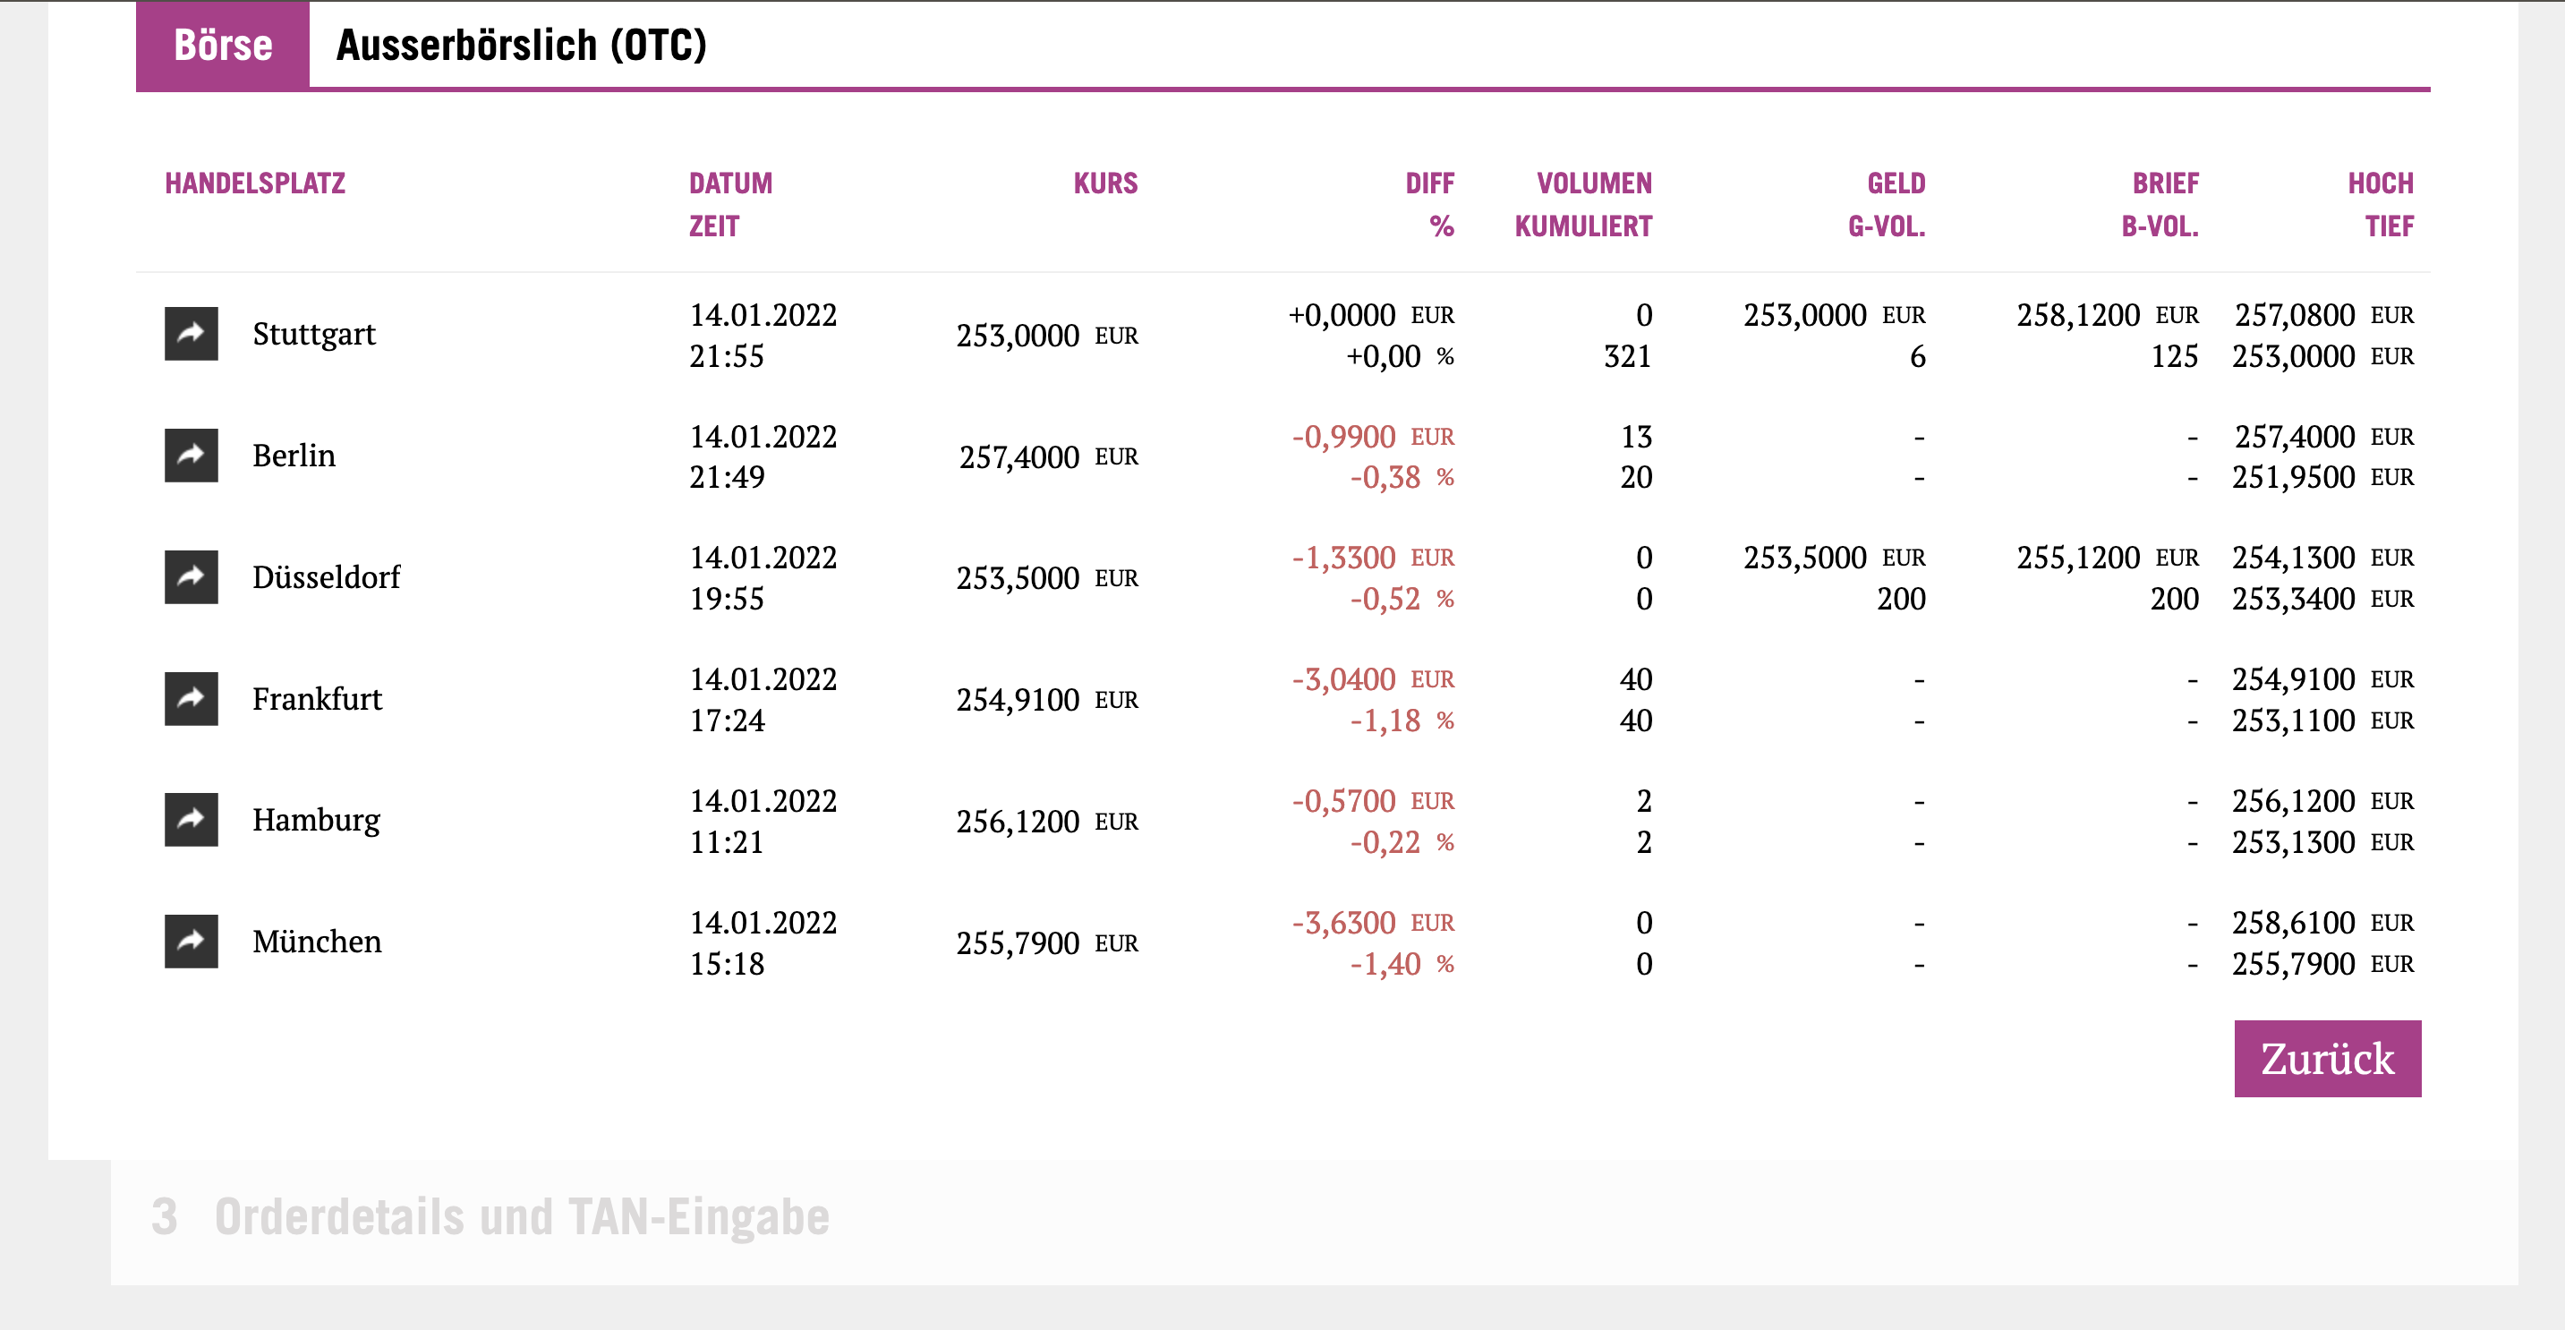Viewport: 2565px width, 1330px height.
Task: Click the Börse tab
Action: tap(222, 45)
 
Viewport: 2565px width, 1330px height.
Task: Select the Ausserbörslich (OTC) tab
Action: tap(521, 45)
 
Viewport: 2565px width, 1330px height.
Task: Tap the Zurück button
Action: tap(2326, 1058)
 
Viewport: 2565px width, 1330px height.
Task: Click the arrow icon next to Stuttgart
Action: tap(192, 334)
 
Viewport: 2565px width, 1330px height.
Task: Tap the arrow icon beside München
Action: tap(192, 941)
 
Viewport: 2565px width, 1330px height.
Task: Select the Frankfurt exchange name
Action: tap(317, 699)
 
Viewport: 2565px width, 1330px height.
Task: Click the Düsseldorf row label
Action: tap(326, 577)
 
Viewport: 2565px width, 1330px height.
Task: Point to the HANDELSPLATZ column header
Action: tap(255, 183)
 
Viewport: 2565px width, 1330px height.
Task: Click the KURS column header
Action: tap(1104, 183)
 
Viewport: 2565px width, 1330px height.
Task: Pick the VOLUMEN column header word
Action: tap(1593, 183)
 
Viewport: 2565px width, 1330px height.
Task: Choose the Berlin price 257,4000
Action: tap(1018, 457)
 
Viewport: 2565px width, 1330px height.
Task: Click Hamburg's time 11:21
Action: tap(727, 842)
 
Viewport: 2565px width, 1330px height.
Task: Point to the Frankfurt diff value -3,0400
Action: tap(1343, 679)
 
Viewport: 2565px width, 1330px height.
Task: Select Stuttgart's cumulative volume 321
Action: tap(1627, 356)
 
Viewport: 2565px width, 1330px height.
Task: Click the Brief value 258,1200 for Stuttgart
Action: tap(2077, 316)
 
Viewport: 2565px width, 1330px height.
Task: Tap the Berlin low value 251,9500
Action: tap(2292, 478)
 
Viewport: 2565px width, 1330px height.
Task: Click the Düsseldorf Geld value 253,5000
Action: tap(1804, 558)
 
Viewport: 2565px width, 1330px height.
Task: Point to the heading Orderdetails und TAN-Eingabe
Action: tap(522, 1216)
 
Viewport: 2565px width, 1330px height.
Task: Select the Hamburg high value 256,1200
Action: tap(2292, 801)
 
